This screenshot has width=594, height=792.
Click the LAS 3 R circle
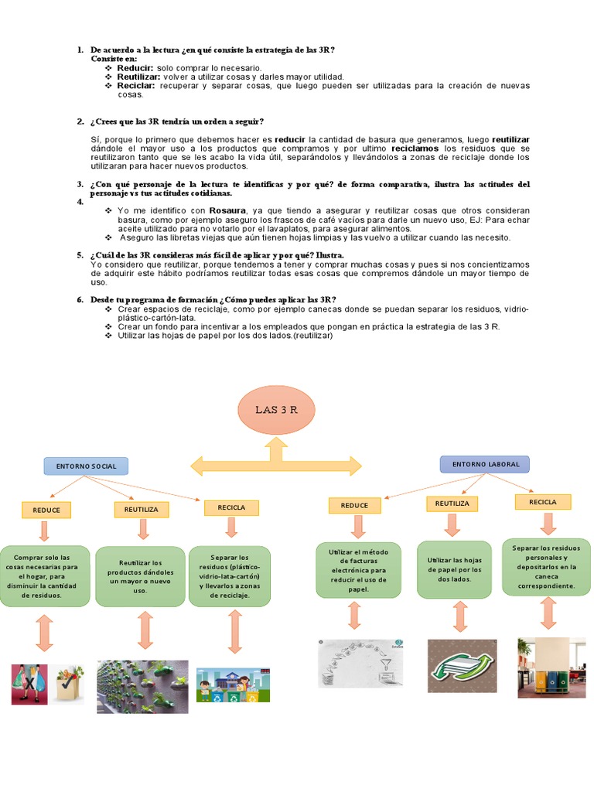click(x=276, y=410)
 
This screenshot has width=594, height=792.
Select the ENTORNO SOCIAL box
click(x=86, y=466)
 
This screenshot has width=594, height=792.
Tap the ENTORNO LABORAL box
click(x=485, y=464)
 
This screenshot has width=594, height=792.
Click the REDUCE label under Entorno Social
click(x=46, y=510)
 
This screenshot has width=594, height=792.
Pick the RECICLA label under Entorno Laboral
click(x=542, y=502)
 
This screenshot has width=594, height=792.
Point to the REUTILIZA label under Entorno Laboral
click(x=452, y=504)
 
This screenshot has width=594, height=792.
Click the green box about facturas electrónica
click(x=358, y=569)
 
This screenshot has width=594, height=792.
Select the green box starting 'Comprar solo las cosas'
click(x=46, y=576)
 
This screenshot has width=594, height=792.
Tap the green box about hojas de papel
click(x=455, y=569)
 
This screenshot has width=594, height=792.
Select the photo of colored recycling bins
click(x=551, y=667)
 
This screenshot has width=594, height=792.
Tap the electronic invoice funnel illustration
click(x=362, y=663)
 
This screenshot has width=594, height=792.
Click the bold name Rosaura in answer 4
click(x=225, y=210)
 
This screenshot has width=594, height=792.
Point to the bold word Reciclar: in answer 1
click(x=136, y=85)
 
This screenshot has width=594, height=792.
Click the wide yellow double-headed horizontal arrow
click(x=276, y=466)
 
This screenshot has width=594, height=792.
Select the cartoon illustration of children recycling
click(x=233, y=684)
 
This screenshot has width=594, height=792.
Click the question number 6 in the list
click(x=80, y=299)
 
